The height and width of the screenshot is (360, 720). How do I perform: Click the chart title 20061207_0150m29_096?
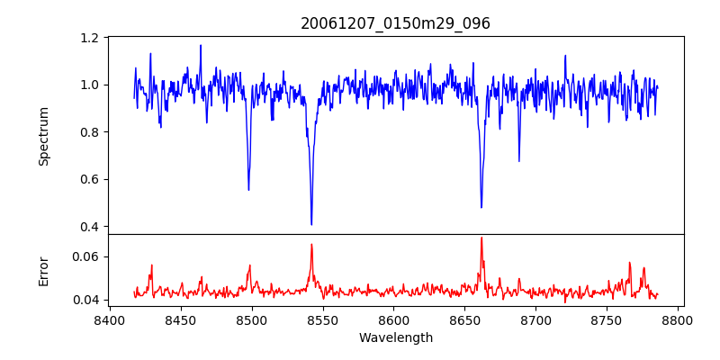[x=395, y=23]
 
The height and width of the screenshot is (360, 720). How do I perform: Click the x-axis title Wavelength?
[x=395, y=337]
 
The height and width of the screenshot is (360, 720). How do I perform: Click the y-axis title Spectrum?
[x=43, y=136]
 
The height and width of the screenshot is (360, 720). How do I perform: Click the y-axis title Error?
[x=43, y=271]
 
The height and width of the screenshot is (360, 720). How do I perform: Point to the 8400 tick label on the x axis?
[x=109, y=319]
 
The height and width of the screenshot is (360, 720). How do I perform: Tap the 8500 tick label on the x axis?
[x=251, y=319]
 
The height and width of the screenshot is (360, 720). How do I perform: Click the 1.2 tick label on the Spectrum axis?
[x=90, y=38]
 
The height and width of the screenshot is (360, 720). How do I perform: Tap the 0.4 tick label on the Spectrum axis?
[x=90, y=226]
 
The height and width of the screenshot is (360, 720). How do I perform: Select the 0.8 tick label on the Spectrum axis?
[x=90, y=132]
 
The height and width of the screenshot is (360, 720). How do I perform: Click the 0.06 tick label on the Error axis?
[x=86, y=256]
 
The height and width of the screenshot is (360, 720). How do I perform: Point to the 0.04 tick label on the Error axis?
[x=86, y=300]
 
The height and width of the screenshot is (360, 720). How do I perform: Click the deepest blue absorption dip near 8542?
[x=311, y=224]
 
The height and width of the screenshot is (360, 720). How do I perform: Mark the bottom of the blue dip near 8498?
[x=248, y=189]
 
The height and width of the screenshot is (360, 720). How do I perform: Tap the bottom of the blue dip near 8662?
[x=481, y=207]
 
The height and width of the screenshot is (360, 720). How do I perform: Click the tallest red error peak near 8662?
[x=481, y=238]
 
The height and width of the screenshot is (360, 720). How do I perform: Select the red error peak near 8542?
[x=311, y=245]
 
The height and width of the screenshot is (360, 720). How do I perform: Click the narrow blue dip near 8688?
[x=519, y=161]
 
